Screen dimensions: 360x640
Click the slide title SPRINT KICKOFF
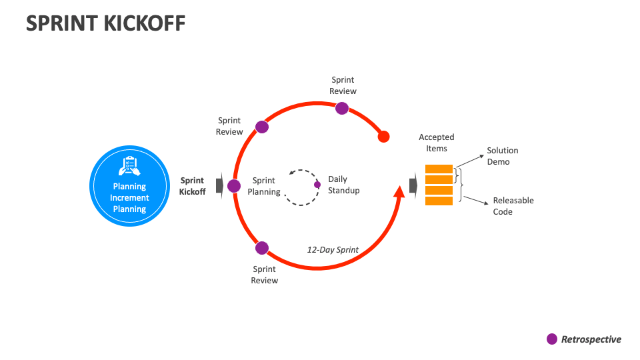(x=105, y=23)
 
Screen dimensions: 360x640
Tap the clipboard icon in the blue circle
(x=129, y=165)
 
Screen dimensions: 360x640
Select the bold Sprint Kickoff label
(x=193, y=186)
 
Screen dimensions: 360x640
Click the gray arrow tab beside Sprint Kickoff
(x=219, y=185)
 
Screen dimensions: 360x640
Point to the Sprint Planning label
(x=264, y=186)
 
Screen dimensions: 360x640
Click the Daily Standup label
(x=343, y=185)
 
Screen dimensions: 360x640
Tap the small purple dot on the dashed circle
(x=317, y=185)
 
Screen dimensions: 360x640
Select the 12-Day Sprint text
(x=333, y=250)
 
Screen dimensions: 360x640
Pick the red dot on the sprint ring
(x=383, y=137)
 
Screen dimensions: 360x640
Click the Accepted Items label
(x=436, y=143)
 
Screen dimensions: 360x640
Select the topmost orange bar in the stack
(x=439, y=168)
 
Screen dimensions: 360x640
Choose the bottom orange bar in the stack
(x=439, y=201)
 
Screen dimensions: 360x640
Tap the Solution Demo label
(x=502, y=156)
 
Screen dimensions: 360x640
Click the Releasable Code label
(x=513, y=206)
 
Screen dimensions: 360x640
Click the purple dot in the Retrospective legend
(x=552, y=339)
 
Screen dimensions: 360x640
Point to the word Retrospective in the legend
(x=591, y=339)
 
